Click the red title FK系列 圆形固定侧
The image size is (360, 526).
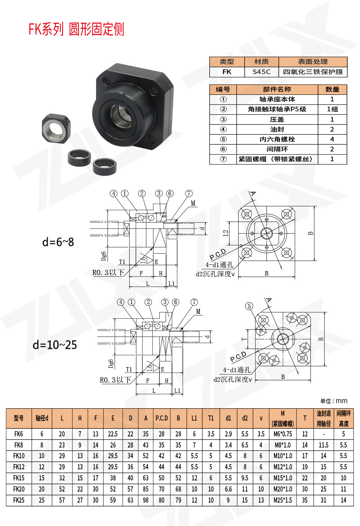(76, 29)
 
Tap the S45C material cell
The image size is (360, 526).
(261, 72)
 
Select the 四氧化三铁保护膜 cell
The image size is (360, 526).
(313, 72)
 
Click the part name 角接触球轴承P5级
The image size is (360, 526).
(277, 109)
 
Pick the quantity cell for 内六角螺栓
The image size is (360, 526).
(332, 139)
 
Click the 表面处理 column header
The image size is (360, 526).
(313, 62)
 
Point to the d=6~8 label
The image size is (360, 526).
(58, 241)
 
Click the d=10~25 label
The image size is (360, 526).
(55, 344)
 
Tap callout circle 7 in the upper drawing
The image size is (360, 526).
(189, 193)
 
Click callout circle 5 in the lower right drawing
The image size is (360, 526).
(249, 306)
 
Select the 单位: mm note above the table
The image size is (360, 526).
(333, 401)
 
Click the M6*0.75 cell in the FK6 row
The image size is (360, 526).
(283, 434)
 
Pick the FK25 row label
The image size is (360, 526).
(19, 500)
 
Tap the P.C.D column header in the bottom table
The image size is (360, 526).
(161, 418)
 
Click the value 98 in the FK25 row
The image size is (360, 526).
(146, 500)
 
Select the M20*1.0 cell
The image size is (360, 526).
(283, 489)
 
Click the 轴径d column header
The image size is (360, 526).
(42, 418)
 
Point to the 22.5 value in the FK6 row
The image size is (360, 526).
(113, 434)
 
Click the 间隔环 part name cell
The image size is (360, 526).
(277, 149)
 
